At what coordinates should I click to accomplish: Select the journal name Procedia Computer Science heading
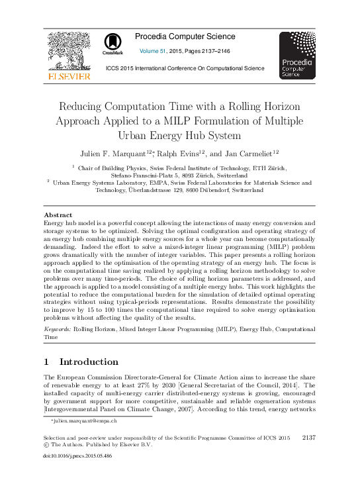coord(185,36)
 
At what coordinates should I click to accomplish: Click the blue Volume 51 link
coord(153,51)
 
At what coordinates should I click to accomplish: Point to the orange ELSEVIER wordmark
coord(68,77)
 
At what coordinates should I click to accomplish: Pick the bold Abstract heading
coord(58,215)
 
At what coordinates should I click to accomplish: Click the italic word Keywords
coord(57,328)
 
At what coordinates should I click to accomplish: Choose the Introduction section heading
coord(89,362)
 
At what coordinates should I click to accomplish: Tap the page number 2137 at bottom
coord(309,438)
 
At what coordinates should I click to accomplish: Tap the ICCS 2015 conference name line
coord(185,68)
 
